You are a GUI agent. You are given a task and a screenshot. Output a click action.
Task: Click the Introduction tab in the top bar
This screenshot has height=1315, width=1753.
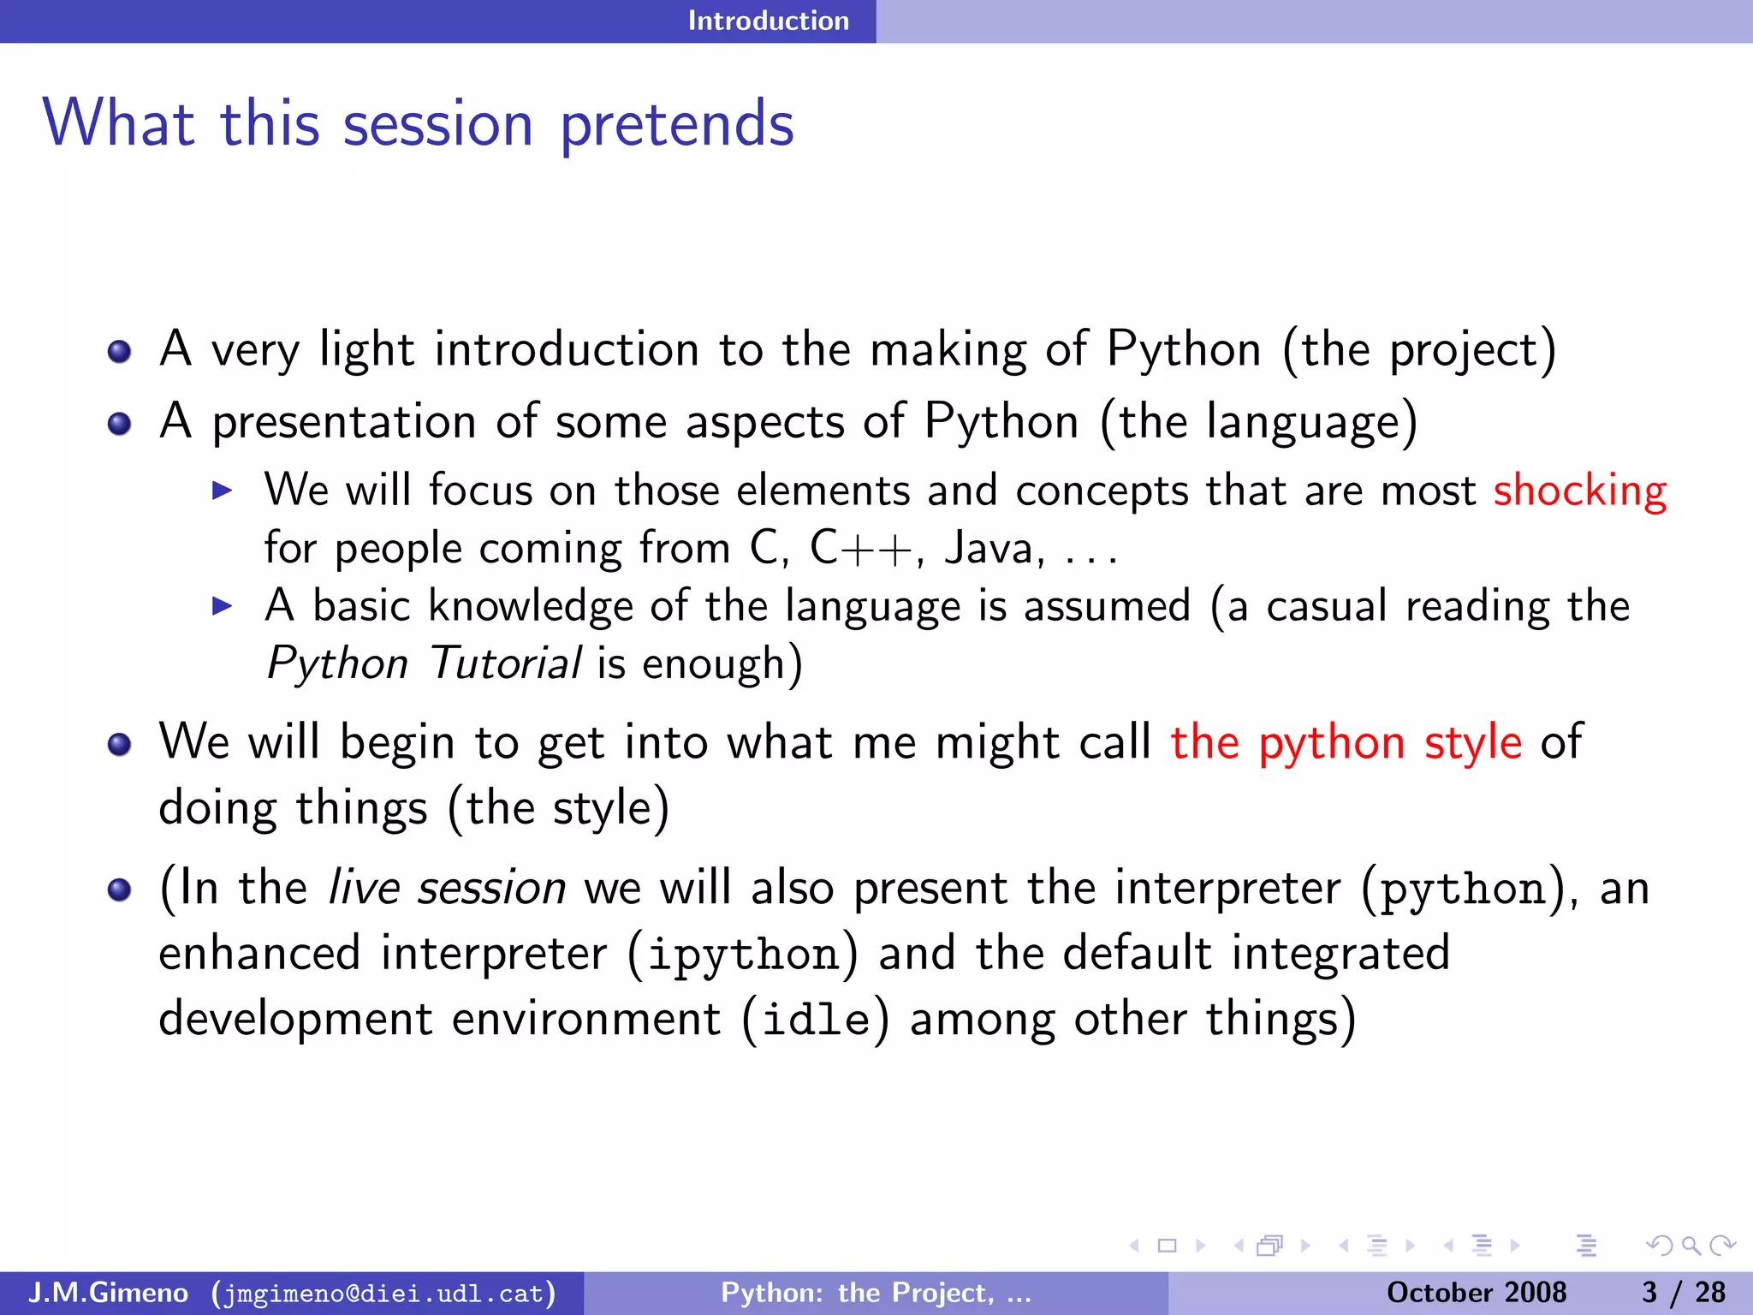tap(768, 21)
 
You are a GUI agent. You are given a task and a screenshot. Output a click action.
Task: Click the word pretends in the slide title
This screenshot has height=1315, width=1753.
tap(676, 125)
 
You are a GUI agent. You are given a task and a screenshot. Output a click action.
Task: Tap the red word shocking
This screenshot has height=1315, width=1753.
tap(1579, 491)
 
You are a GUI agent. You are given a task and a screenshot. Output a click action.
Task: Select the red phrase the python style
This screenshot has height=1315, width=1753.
tap(1346, 742)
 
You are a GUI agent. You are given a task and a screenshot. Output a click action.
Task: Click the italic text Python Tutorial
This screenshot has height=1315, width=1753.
tap(424, 663)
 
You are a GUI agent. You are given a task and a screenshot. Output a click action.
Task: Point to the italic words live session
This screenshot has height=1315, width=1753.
tap(447, 888)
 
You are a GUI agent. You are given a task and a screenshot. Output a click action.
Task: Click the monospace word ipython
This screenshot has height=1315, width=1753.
tap(742, 955)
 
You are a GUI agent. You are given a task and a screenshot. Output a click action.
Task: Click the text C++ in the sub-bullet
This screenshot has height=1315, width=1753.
tap(860, 548)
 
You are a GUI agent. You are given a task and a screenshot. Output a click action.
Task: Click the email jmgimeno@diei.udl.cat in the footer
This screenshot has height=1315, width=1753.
tap(383, 1293)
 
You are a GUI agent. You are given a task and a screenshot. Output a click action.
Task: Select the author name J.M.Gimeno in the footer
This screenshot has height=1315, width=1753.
tap(108, 1293)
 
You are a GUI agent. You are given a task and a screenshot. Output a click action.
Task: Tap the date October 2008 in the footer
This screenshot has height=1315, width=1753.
tap(1476, 1293)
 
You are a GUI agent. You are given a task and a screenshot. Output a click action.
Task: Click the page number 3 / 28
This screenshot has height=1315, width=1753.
tap(1683, 1293)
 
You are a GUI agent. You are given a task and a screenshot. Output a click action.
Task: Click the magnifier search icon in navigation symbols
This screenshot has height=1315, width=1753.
tap(1691, 1246)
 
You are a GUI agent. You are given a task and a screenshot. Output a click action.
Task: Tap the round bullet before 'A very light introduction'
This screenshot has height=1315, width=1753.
tap(120, 352)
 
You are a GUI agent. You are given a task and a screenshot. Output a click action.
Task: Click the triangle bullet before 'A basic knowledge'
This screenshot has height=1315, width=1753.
tap(222, 607)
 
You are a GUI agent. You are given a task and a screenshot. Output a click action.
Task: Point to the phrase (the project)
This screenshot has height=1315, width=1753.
tap(1418, 350)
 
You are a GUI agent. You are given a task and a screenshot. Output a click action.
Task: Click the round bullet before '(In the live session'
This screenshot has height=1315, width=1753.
tap(120, 890)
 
